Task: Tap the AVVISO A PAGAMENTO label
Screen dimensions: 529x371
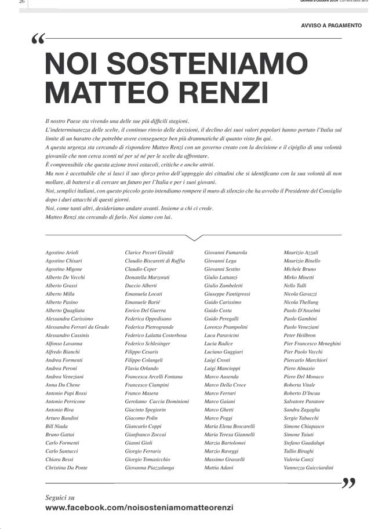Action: (331, 25)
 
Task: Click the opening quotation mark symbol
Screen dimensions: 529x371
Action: (38, 39)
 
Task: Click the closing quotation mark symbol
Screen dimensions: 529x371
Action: (348, 483)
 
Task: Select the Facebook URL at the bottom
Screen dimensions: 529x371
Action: (139, 508)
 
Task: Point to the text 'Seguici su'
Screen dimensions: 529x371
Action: (60, 497)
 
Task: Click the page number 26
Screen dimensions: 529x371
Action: (22, 2)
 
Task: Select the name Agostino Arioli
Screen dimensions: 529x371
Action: (61, 253)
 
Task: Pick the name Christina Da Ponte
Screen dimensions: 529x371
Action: (66, 468)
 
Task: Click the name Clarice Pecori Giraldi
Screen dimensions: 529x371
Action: (149, 253)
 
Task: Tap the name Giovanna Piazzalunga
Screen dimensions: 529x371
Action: (150, 468)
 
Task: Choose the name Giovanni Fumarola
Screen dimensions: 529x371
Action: (225, 253)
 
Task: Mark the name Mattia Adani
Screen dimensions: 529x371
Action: (219, 468)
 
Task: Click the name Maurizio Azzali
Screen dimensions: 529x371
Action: (301, 253)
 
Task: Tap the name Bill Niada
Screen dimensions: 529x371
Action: (57, 426)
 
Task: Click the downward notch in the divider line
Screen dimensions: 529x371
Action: (194, 237)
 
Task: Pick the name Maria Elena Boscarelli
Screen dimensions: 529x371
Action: (230, 426)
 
